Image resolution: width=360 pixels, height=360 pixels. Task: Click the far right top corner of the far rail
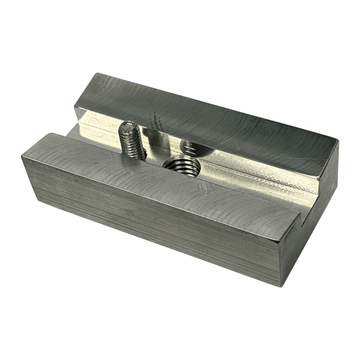coord(337,138)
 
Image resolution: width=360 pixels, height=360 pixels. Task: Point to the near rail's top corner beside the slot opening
coord(300,215)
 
